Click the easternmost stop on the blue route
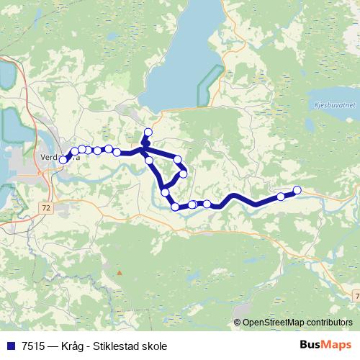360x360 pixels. pos(297,190)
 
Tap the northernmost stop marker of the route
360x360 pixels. pos(149,132)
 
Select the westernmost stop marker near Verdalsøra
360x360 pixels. pos(63,160)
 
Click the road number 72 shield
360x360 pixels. pos(46,207)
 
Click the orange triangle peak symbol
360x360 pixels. pos(120,273)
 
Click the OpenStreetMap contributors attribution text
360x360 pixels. pos(297,323)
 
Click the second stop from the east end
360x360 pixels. pos(281,197)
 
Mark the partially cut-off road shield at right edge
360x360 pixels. pos(356,296)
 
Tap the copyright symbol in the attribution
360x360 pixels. pos(238,323)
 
